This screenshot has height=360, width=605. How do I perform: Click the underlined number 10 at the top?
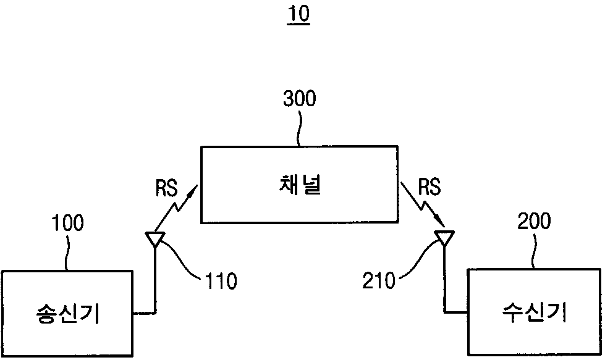click(298, 14)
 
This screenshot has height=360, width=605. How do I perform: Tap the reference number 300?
click(300, 98)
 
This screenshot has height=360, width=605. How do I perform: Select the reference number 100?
click(67, 224)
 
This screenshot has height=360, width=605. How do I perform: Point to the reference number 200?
click(534, 222)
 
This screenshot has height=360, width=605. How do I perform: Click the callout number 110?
click(221, 282)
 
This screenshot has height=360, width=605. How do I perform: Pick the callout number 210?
click(379, 280)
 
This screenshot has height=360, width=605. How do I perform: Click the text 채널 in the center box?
click(300, 185)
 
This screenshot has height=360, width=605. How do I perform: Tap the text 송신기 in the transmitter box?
click(67, 313)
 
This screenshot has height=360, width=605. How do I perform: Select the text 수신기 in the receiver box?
click(534, 312)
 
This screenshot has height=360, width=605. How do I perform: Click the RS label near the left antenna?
click(166, 188)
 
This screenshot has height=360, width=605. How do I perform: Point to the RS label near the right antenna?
click(429, 187)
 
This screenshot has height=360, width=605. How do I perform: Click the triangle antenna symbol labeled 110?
click(154, 239)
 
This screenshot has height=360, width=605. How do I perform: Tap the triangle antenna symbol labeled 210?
click(444, 238)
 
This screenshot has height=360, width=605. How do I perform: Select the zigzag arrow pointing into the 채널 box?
click(176, 209)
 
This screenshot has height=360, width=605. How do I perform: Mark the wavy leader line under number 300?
click(298, 127)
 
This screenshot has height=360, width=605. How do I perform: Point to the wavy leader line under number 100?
click(67, 252)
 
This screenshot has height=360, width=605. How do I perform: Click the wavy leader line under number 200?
click(535, 249)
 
